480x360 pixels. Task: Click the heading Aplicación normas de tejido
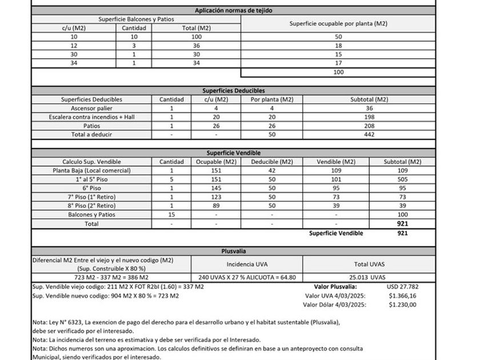click(x=233, y=10)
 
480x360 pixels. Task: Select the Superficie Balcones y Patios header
click(x=136, y=19)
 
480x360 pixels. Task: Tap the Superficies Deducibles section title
click(x=233, y=90)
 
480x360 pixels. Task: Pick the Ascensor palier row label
click(x=91, y=108)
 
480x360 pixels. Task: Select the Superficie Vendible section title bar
click(x=233, y=153)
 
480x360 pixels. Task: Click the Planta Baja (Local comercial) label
click(x=91, y=170)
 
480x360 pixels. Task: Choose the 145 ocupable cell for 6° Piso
click(x=215, y=188)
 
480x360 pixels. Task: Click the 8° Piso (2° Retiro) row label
click(x=91, y=206)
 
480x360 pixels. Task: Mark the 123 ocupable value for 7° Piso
click(x=215, y=197)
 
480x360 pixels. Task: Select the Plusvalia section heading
click(x=233, y=251)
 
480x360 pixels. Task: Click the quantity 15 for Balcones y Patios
click(x=171, y=214)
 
